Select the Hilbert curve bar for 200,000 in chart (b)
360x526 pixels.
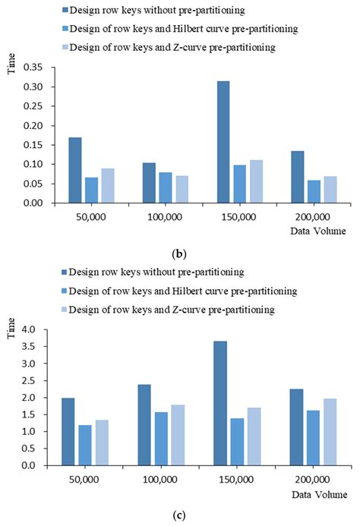pos(314,191)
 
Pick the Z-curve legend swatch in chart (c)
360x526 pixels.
pos(63,310)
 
